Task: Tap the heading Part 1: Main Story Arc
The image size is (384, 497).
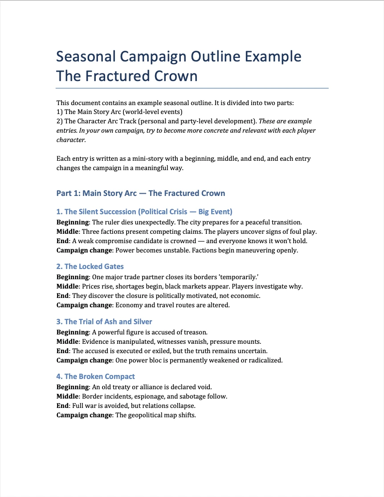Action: pyautogui.click(x=140, y=193)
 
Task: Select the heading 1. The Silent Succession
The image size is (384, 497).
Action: pyautogui.click(x=144, y=212)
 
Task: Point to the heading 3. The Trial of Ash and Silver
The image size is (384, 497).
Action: pyautogui.click(x=104, y=322)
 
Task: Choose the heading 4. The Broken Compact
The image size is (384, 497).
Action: pyautogui.click(x=96, y=376)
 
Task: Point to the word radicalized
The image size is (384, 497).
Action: pyautogui.click(x=264, y=360)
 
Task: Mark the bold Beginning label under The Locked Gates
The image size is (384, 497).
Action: pyautogui.click(x=72, y=277)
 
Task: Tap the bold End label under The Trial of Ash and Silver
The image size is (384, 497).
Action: pyautogui.click(x=63, y=351)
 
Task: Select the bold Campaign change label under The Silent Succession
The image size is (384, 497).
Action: pyautogui.click(x=84, y=250)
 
